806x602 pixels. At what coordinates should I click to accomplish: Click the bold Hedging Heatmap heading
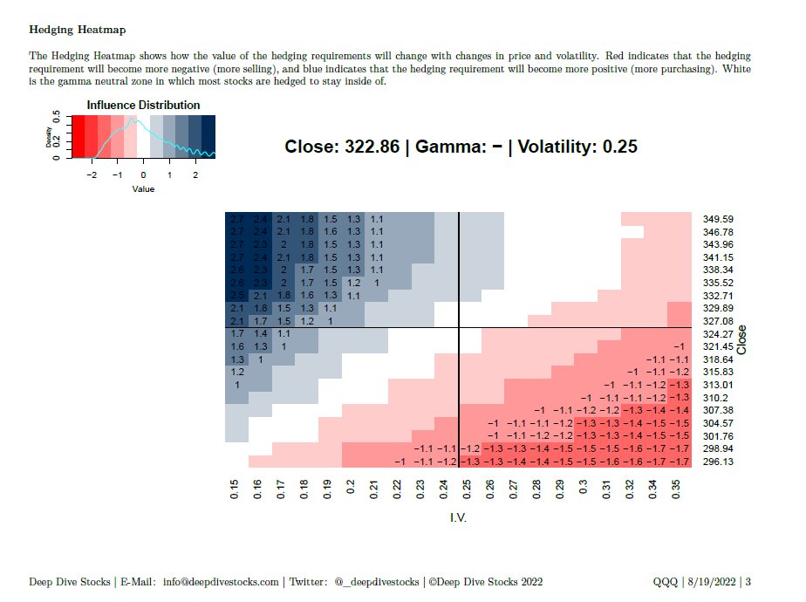[x=78, y=30]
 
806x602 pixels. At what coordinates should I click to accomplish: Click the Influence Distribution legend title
[x=143, y=105]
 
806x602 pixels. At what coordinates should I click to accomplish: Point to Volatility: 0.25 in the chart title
[x=577, y=147]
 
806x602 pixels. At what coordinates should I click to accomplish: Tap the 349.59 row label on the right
[x=717, y=219]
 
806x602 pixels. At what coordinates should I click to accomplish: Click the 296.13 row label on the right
[x=717, y=462]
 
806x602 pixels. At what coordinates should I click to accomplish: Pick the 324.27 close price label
[x=717, y=334]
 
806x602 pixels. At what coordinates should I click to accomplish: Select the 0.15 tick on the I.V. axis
[x=235, y=489]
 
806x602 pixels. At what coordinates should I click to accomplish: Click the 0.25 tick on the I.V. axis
[x=466, y=489]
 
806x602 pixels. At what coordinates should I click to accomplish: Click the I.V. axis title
[x=459, y=518]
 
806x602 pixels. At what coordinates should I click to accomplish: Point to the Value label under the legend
[x=143, y=188]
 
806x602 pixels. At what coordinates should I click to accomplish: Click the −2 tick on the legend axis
[x=91, y=174]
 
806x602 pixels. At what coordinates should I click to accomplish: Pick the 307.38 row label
[x=717, y=410]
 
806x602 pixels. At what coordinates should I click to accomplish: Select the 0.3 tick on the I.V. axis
[x=583, y=489]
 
